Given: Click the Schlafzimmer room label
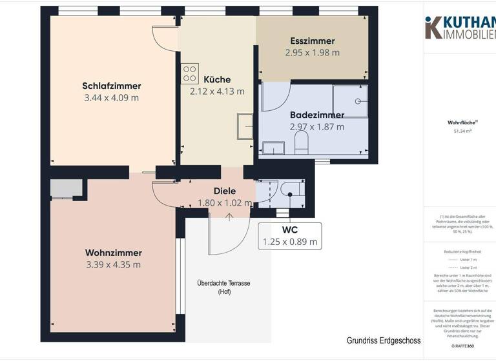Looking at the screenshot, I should point(111,86).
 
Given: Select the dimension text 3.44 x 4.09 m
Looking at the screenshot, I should point(111,98).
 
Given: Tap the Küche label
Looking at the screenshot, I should point(216,79).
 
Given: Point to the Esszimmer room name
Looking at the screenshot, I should point(312,41).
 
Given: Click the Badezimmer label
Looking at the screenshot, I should point(316,115).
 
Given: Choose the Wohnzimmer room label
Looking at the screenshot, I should point(113,252).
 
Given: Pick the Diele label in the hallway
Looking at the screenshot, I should point(224,191).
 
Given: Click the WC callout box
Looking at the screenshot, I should point(289,236).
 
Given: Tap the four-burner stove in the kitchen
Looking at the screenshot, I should point(189,73).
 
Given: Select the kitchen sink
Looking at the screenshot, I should point(245,126).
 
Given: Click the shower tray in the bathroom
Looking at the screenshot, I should point(349,101).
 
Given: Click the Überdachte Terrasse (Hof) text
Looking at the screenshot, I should point(223,288).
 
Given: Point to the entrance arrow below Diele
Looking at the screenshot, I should point(229,216).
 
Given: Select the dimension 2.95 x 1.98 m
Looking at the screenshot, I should point(312,53).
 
